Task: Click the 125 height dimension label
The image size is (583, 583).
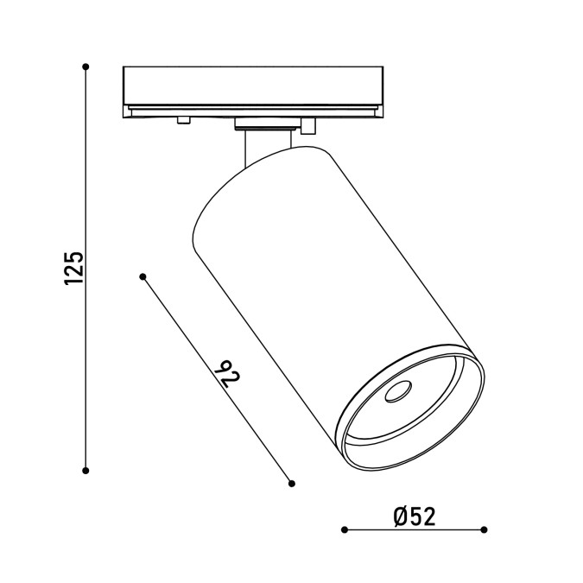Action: click(74, 269)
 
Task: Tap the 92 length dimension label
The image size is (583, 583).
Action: click(227, 374)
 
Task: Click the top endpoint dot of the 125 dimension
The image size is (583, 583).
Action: click(86, 67)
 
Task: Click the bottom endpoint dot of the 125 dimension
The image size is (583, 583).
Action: click(86, 471)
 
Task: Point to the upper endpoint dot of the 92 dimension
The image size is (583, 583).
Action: click(143, 276)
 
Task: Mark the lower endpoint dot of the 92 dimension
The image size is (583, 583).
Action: click(292, 484)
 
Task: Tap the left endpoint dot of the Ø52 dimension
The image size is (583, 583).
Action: click(345, 529)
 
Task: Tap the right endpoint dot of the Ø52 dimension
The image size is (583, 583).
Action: click(484, 529)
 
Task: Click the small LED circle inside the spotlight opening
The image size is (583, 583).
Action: click(398, 392)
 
